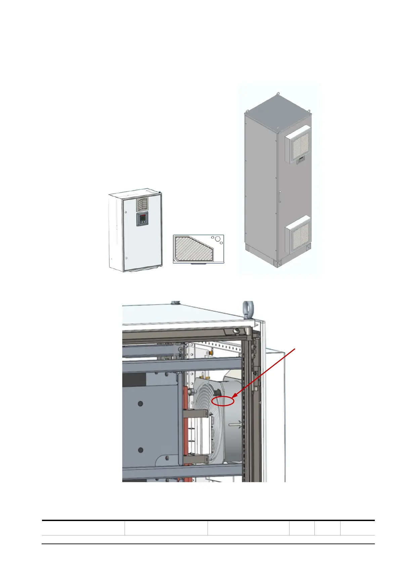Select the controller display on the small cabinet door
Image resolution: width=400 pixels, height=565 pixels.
click(143, 219)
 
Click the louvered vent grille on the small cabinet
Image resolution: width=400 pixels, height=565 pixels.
click(142, 204)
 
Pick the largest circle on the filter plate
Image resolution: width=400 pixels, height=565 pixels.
click(217, 239)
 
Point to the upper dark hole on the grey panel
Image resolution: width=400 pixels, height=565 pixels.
click(140, 404)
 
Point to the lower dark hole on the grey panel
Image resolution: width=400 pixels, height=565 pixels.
click(140, 450)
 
